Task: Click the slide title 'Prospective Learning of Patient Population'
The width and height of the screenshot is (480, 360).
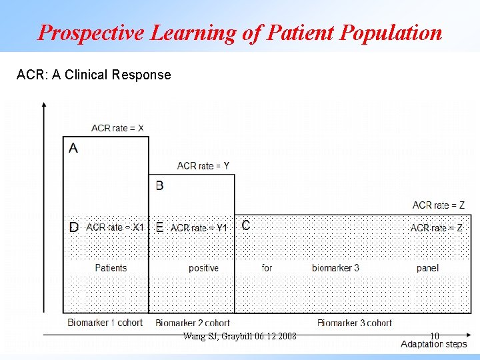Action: click(x=239, y=32)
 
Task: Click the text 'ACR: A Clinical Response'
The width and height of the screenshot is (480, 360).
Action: click(x=93, y=75)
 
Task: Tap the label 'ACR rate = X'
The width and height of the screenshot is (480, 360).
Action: click(x=117, y=128)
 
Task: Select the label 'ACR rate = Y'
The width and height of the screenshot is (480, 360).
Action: click(x=203, y=165)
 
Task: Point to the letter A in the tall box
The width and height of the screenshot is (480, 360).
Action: click(x=73, y=148)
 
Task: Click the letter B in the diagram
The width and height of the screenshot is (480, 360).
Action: click(x=159, y=185)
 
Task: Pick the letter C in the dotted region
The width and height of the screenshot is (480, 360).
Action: click(x=246, y=225)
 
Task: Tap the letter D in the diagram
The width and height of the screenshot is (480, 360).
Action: click(x=73, y=227)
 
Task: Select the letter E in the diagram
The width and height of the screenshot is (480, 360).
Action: click(x=159, y=227)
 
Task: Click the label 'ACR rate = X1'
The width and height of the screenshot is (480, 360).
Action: click(x=115, y=227)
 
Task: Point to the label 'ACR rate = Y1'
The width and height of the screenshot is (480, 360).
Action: click(x=199, y=228)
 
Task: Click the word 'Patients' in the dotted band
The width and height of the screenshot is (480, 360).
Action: click(x=111, y=268)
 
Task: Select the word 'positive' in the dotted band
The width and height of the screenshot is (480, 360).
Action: click(x=203, y=268)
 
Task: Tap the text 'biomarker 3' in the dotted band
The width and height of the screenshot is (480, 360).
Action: click(x=335, y=268)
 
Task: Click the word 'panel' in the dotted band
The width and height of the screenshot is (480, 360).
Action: click(x=427, y=268)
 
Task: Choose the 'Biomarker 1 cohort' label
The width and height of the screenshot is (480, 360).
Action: click(x=105, y=323)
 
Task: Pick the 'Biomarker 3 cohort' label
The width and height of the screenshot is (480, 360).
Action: click(x=354, y=323)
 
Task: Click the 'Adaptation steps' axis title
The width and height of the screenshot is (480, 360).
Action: click(x=434, y=344)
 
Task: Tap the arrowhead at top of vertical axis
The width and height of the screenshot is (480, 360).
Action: click(x=44, y=105)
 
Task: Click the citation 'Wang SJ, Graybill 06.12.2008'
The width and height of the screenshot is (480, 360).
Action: click(x=239, y=335)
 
